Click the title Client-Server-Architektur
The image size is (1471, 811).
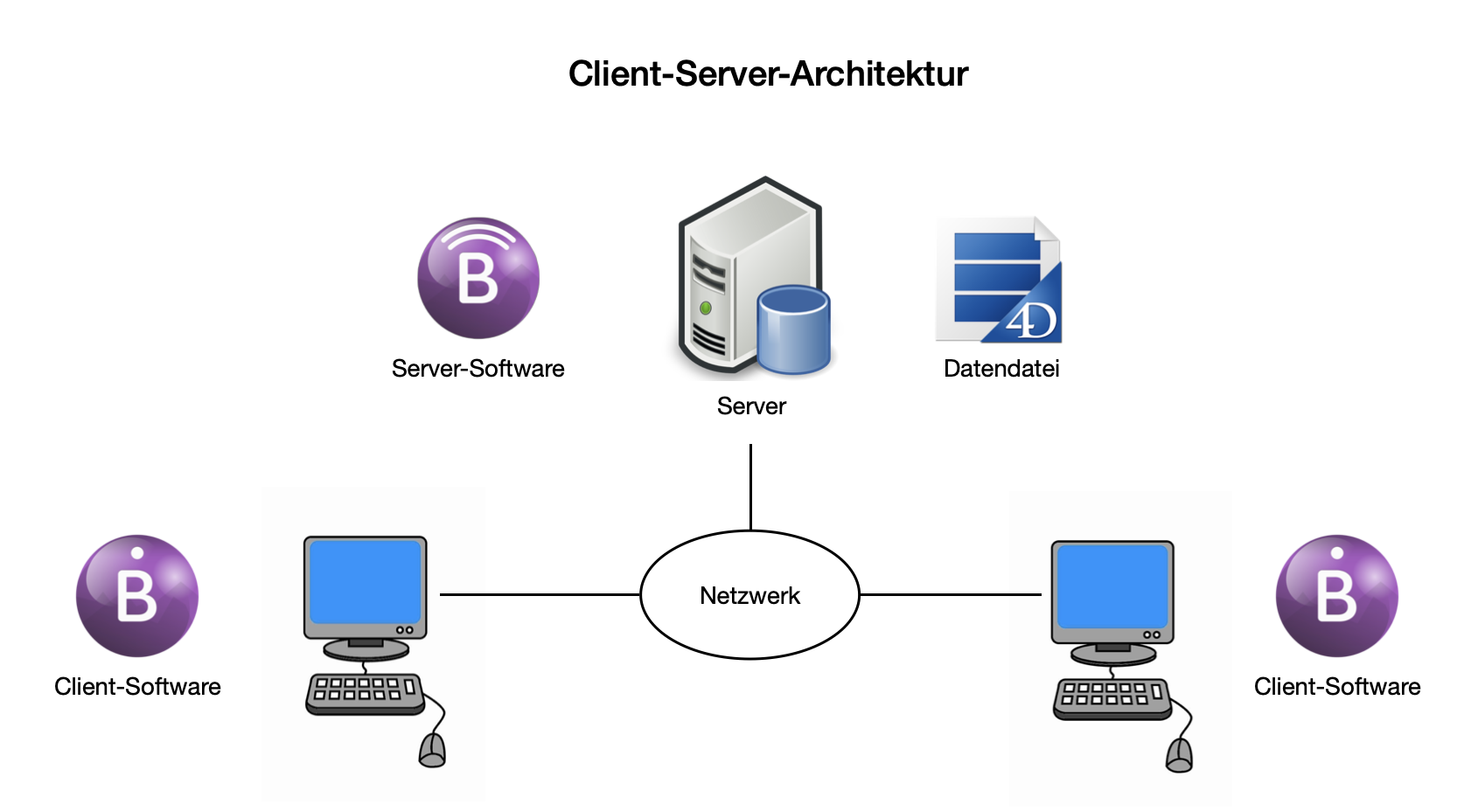pos(768,73)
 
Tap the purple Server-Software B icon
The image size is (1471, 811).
pos(478,278)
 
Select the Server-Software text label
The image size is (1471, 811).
pos(478,369)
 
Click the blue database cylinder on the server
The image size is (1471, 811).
pos(793,329)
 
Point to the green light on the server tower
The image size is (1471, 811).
pos(705,308)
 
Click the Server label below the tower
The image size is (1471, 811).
pos(751,406)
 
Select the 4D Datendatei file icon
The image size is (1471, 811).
pos(998,280)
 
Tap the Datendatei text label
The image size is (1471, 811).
pos(1001,369)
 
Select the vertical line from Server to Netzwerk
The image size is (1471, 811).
pos(750,487)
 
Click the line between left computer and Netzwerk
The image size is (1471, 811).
pos(540,594)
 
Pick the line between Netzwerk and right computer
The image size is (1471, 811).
pos(951,594)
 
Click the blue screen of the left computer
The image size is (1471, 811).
pos(365,582)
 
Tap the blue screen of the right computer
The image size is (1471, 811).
pos(1112,586)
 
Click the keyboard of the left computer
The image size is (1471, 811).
pos(365,694)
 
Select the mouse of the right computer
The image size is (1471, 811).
pos(1180,755)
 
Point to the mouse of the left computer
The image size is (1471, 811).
pos(432,751)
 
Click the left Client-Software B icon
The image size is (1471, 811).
pos(137,596)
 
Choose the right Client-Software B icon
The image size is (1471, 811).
pos(1337,596)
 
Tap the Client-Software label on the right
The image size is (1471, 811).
pos(1337,687)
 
